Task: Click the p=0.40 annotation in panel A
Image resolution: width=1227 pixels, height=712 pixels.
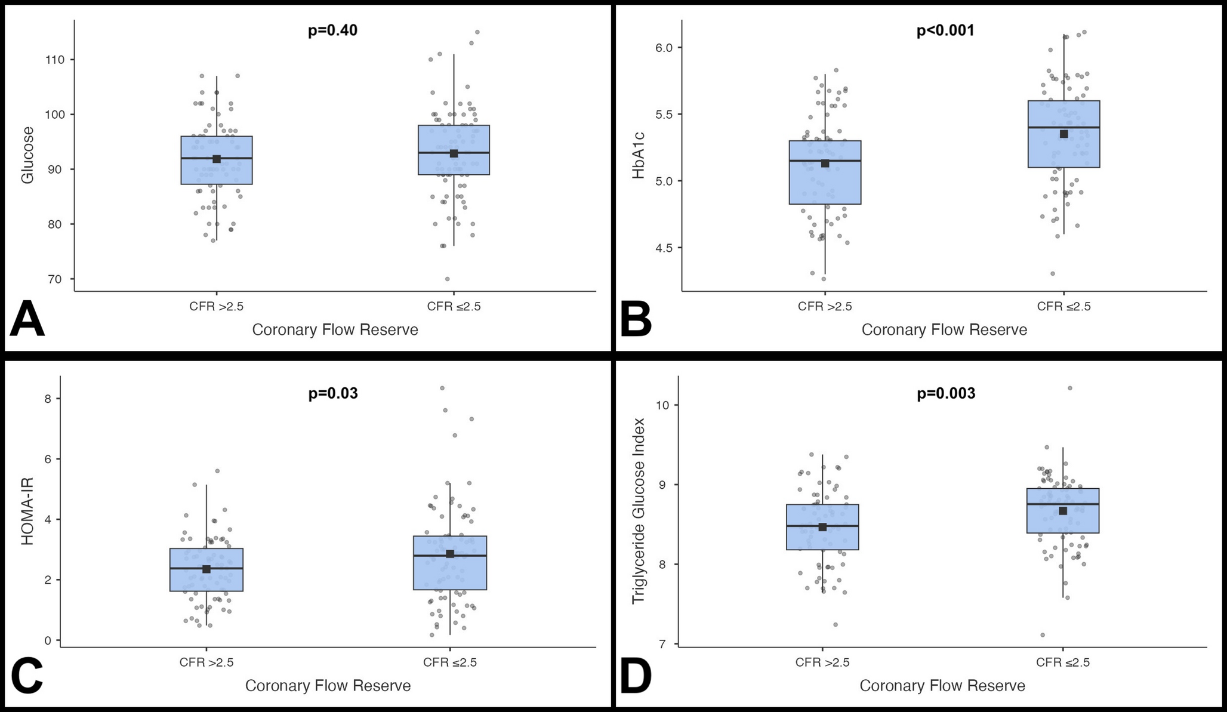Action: pyautogui.click(x=332, y=30)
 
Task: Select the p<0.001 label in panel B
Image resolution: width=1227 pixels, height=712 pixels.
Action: pyautogui.click(x=945, y=30)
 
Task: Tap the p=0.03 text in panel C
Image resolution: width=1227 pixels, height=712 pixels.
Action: pyautogui.click(x=333, y=393)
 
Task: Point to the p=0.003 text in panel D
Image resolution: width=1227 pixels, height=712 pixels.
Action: pyautogui.click(x=946, y=393)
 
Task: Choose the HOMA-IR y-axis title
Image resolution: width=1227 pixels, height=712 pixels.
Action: pyautogui.click(x=27, y=511)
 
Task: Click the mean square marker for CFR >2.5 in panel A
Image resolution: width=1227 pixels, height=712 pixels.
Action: pyautogui.click(x=217, y=159)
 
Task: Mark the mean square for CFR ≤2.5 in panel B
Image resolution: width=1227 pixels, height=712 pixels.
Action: pyautogui.click(x=1063, y=134)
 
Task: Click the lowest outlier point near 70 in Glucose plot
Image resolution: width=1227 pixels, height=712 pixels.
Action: pyautogui.click(x=447, y=279)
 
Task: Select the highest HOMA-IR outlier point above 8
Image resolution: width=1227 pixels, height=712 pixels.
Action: pyautogui.click(x=442, y=388)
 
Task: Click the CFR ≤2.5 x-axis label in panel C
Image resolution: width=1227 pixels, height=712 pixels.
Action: pyautogui.click(x=450, y=662)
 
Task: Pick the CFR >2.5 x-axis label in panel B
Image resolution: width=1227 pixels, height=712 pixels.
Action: pyautogui.click(x=825, y=307)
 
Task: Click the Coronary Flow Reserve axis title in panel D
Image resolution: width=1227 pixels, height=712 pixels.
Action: pyautogui.click(x=942, y=686)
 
